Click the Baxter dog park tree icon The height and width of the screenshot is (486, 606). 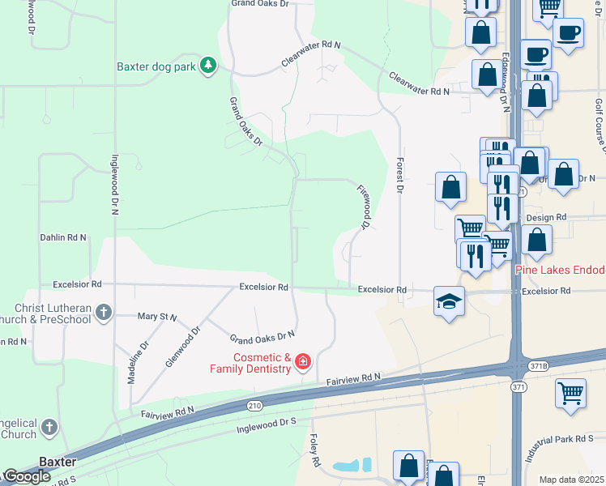(x=208, y=66)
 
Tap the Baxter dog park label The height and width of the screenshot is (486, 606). (x=156, y=66)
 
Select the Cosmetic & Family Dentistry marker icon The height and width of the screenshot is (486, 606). (x=303, y=360)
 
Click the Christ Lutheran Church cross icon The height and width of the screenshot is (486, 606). (x=103, y=312)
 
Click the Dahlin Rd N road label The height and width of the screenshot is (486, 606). (x=63, y=237)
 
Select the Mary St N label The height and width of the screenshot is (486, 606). (x=157, y=316)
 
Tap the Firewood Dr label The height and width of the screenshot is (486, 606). (x=364, y=206)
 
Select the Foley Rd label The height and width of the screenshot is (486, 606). (x=314, y=450)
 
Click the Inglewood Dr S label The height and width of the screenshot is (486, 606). (x=267, y=424)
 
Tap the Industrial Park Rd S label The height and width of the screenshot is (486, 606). (x=563, y=447)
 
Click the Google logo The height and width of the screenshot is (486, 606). (x=27, y=476)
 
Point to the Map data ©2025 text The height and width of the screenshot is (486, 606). (x=572, y=480)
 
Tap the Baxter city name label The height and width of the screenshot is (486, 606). (x=58, y=462)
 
